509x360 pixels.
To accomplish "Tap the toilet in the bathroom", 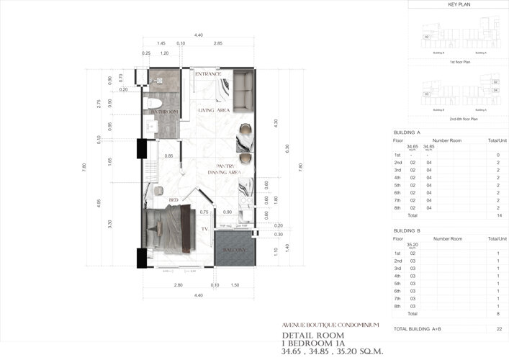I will click(x=153, y=103).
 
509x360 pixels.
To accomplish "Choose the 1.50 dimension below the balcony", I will click(x=234, y=286).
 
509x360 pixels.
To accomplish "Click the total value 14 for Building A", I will click(x=497, y=215).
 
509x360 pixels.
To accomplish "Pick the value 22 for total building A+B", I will click(x=497, y=328).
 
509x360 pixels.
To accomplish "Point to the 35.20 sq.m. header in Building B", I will click(x=413, y=245).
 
